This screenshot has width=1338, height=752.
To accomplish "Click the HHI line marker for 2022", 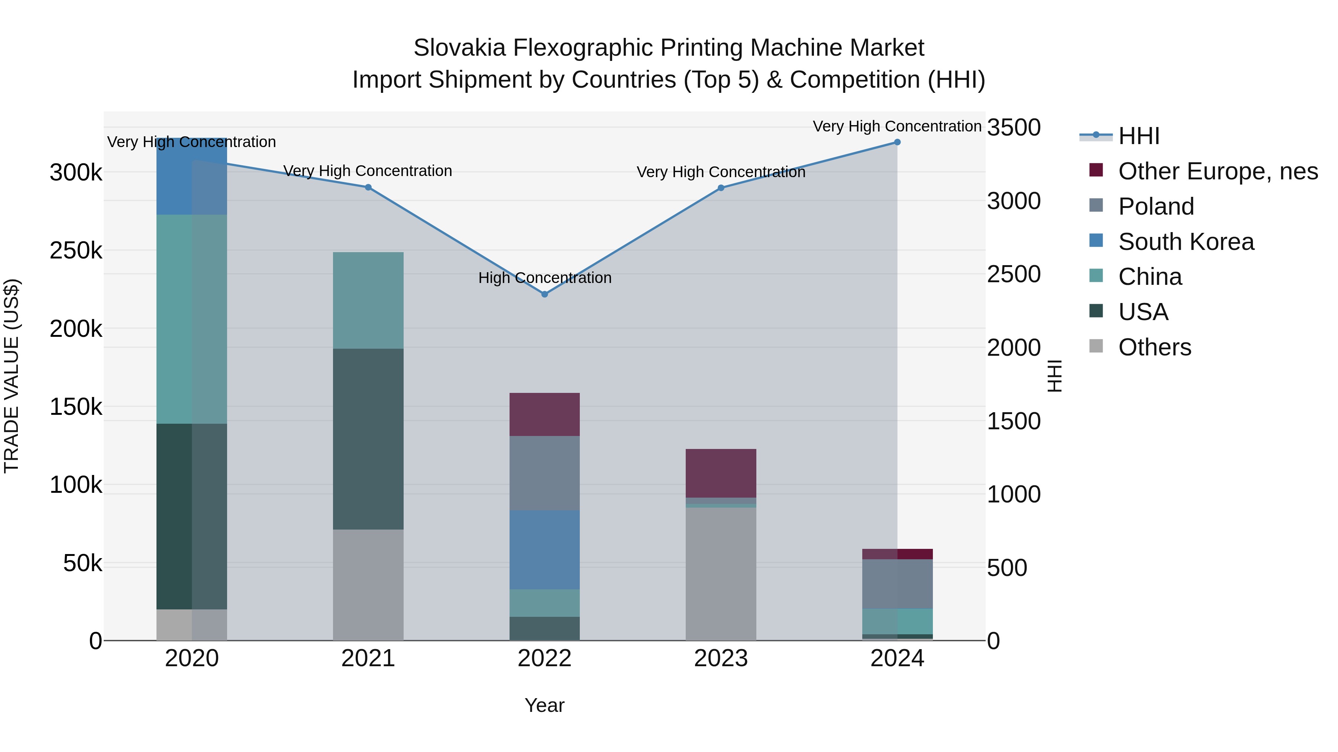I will click(544, 294).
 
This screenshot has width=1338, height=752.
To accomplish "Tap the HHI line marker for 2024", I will click(897, 142).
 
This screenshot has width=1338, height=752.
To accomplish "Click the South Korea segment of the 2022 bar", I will click(544, 550).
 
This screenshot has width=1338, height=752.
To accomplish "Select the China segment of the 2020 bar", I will click(192, 319).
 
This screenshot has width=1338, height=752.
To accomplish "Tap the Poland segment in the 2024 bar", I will click(897, 584).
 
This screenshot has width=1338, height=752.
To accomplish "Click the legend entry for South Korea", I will click(1186, 242).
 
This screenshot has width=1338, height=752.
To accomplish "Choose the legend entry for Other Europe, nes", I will click(1218, 171).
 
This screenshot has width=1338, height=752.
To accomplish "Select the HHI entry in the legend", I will click(1138, 136).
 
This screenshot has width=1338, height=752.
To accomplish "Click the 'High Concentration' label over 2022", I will click(544, 278).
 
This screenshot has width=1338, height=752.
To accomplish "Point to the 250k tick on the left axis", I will click(76, 251).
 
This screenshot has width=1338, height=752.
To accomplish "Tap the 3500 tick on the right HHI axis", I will click(1014, 128).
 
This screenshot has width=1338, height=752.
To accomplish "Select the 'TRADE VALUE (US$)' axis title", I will click(12, 376).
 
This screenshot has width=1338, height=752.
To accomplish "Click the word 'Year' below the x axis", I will click(544, 705).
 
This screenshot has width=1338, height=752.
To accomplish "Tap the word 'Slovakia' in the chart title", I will click(459, 48).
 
